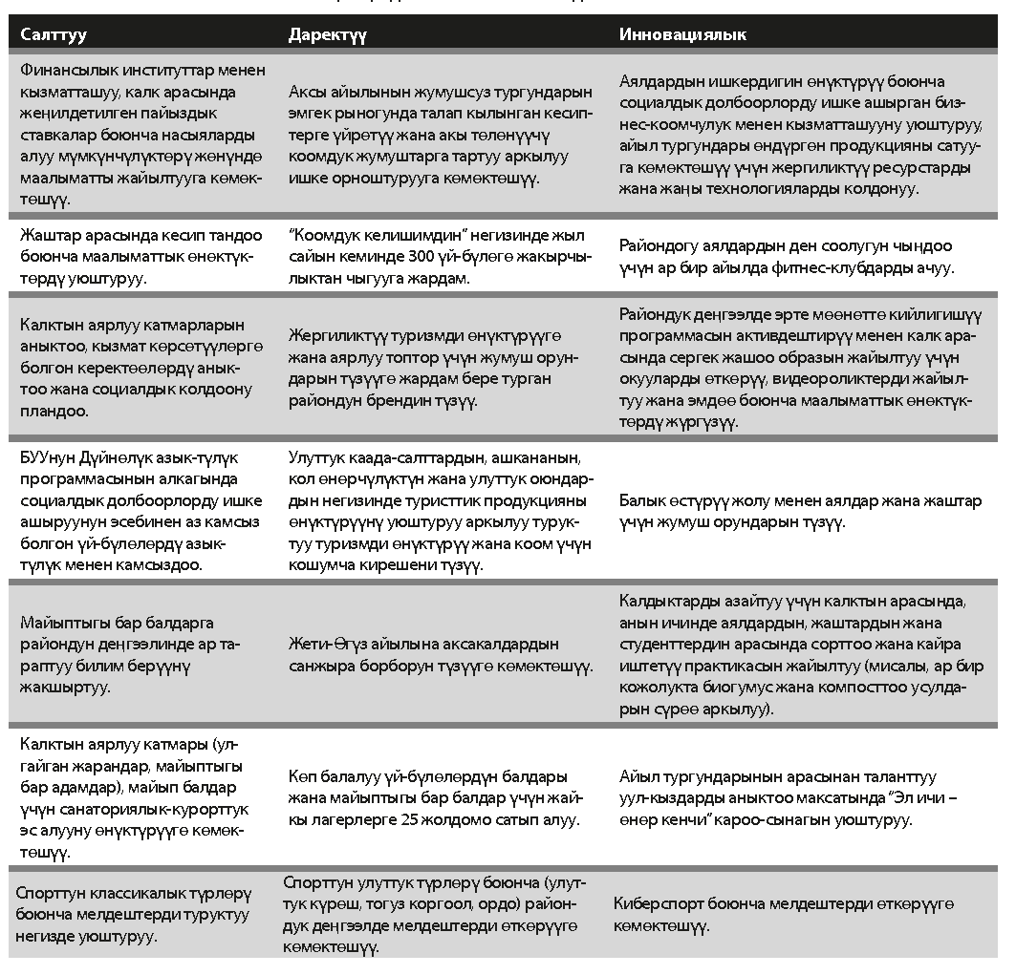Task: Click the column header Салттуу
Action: [x=54, y=35]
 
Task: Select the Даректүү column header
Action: [x=327, y=35]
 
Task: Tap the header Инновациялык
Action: [x=682, y=35]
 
